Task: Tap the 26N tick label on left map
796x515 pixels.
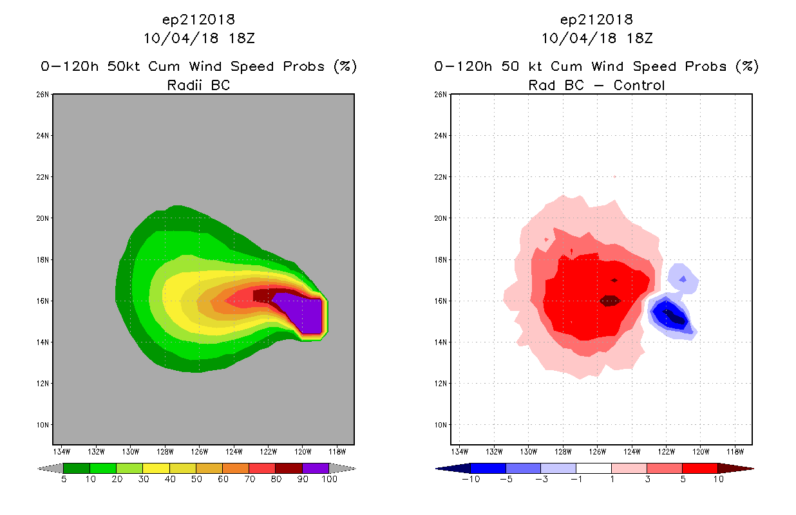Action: [43, 95]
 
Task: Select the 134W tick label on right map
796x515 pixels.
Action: [460, 451]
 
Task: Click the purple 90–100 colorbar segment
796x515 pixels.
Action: [316, 468]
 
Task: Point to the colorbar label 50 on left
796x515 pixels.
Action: [196, 480]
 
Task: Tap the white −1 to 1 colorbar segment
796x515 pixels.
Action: [593, 468]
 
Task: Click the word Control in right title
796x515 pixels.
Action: [639, 85]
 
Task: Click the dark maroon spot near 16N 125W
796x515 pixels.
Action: [609, 301]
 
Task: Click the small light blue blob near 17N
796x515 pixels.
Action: [683, 277]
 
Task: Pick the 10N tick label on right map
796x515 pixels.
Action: [441, 425]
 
